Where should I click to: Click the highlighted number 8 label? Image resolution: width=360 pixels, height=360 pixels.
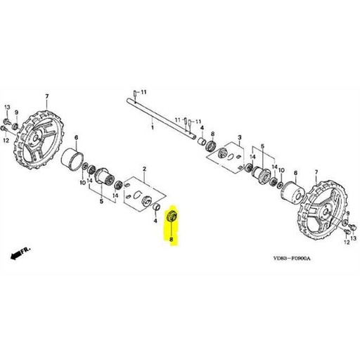click(170, 240)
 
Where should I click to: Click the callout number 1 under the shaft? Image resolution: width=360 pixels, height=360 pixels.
click(152, 129)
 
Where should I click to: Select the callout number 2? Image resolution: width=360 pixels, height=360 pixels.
click(144, 169)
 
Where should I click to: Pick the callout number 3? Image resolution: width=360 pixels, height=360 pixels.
click(240, 138)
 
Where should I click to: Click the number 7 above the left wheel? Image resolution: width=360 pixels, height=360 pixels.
click(46, 96)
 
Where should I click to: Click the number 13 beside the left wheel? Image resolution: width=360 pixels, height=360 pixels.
click(8, 105)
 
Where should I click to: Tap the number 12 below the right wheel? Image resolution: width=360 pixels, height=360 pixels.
click(345, 241)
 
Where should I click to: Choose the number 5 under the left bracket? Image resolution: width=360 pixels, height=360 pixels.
click(101, 202)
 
